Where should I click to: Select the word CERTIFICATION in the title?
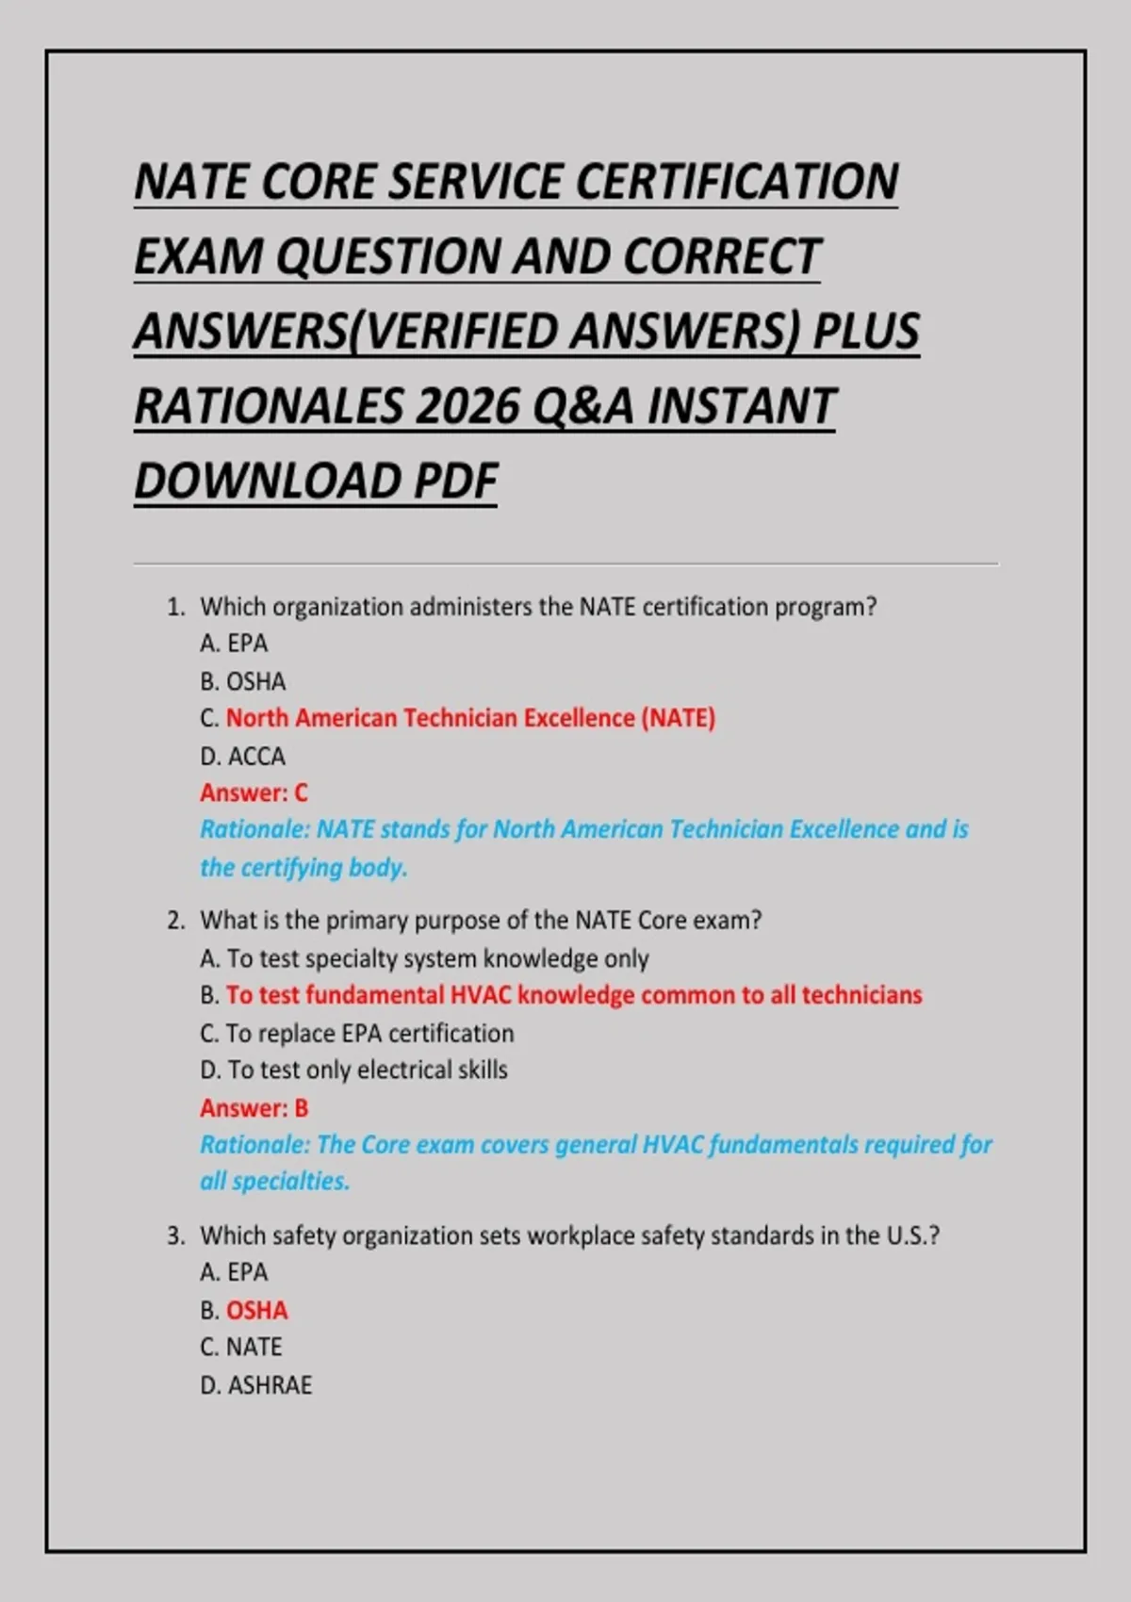pos(736,182)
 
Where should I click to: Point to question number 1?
pos(175,607)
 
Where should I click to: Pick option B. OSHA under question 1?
pos(242,681)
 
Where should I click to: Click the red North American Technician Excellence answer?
pos(470,718)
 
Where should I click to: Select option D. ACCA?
pos(242,756)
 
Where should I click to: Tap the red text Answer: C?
pos(254,793)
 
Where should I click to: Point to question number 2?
pos(175,921)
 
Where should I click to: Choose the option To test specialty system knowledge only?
pos(424,958)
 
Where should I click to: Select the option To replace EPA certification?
pos(357,1033)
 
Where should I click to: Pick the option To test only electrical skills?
pos(353,1070)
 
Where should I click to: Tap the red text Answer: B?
pos(254,1107)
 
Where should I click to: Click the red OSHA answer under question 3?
pos(256,1310)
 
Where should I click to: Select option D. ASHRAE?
pos(255,1384)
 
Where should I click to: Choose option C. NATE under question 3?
pos(240,1347)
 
